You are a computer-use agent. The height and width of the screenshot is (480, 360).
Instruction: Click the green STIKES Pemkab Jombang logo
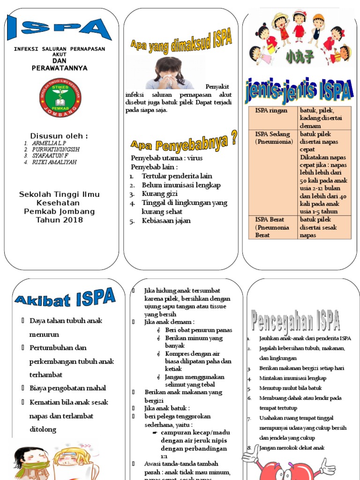tap(60, 97)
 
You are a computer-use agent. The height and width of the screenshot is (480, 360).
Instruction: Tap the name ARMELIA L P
tap(49, 142)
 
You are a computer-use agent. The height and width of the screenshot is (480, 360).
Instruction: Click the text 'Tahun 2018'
tap(59, 220)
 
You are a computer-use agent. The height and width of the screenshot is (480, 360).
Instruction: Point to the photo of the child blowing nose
tap(169, 73)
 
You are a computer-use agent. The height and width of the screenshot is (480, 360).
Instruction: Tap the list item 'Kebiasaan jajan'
tap(166, 221)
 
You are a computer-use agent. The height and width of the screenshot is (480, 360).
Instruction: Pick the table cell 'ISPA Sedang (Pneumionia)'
tap(273, 138)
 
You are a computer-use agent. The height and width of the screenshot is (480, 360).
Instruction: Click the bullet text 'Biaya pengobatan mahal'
tap(67, 388)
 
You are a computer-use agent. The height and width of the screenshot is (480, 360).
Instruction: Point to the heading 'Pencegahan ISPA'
tap(296, 321)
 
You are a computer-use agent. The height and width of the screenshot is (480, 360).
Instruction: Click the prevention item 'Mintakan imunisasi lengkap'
tap(292, 378)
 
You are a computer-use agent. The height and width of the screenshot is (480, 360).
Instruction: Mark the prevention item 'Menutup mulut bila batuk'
tap(289, 388)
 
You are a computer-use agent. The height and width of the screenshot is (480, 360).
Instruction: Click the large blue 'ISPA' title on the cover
tap(60, 28)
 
